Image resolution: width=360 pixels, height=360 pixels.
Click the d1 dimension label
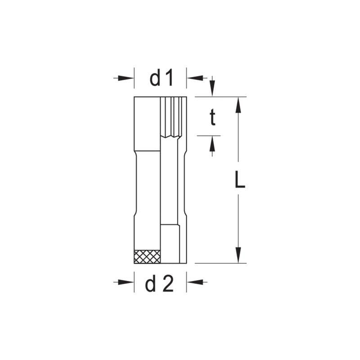click(x=161, y=78)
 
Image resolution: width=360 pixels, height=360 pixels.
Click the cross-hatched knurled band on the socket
click(x=147, y=256)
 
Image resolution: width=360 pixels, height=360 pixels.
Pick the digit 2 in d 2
click(x=168, y=284)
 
